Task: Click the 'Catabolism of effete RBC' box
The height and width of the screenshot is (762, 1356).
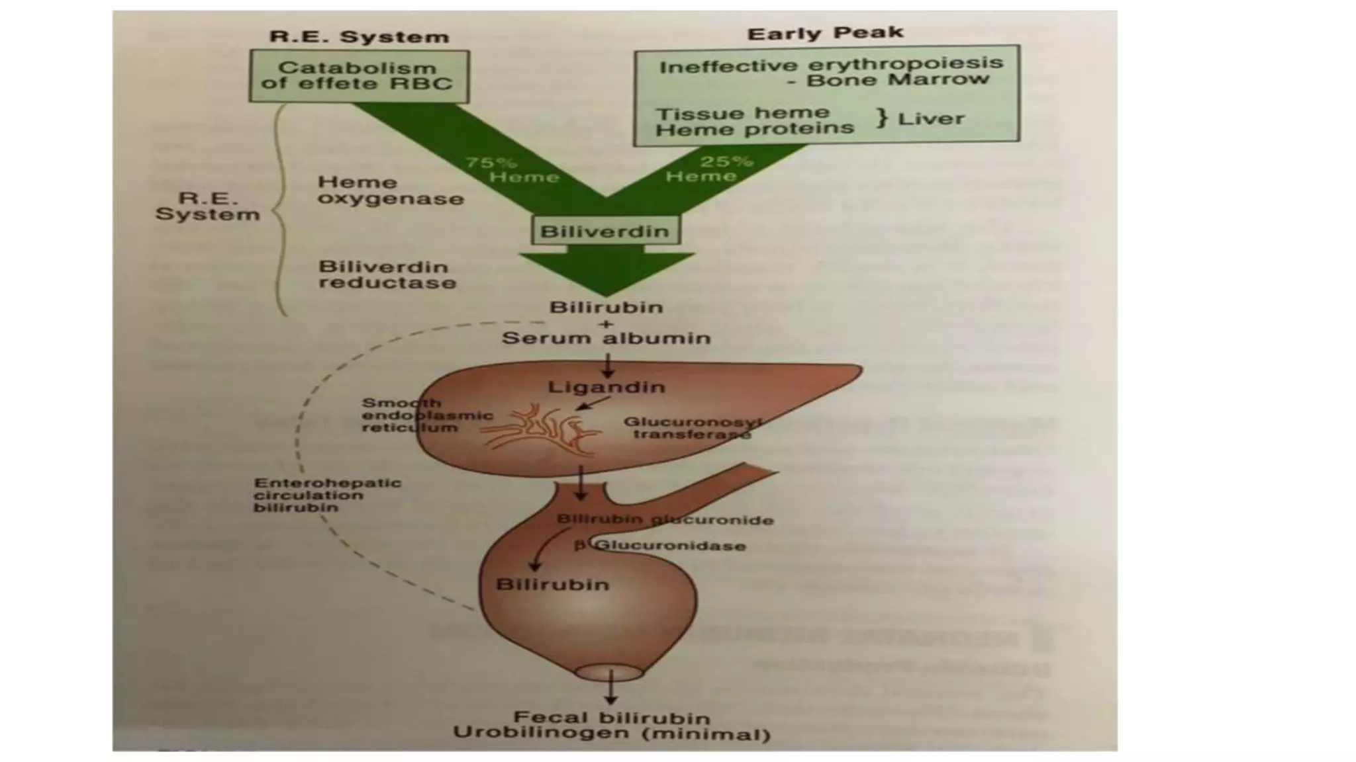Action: [358, 76]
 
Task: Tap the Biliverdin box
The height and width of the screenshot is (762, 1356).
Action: [605, 231]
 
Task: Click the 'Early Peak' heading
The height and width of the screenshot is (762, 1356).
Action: [825, 33]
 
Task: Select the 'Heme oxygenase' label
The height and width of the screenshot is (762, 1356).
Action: [391, 190]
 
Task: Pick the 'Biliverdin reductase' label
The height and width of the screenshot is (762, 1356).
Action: [387, 275]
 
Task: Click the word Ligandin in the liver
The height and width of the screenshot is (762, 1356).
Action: [606, 387]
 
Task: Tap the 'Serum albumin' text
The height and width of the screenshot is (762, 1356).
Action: [606, 338]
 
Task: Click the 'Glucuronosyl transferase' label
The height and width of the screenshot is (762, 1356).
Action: [693, 428]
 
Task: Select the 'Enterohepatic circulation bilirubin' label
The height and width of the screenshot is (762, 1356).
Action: [327, 495]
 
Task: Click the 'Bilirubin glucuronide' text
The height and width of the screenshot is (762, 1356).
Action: [665, 520]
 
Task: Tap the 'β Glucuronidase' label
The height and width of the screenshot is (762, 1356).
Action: [660, 546]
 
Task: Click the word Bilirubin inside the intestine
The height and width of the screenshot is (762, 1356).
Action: [553, 585]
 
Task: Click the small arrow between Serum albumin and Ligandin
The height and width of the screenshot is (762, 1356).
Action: [607, 366]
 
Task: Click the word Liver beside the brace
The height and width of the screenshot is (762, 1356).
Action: [931, 119]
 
